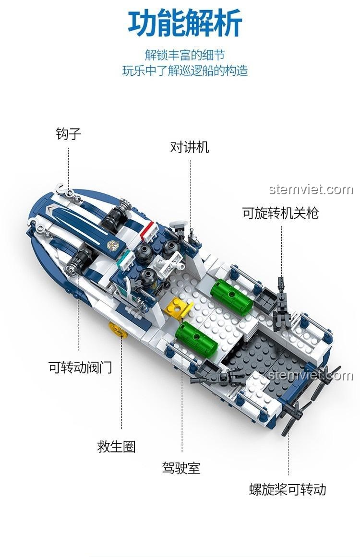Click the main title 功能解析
tap(185, 24)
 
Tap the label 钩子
tap(69, 133)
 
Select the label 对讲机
tap(190, 147)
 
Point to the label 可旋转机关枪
tap(280, 213)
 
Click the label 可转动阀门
tap(80, 367)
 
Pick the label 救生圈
tap(117, 446)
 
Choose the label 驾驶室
tap(181, 468)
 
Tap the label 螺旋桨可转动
tap(288, 489)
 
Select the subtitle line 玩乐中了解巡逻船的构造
tap(185, 71)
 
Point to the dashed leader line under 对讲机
tap(191, 192)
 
